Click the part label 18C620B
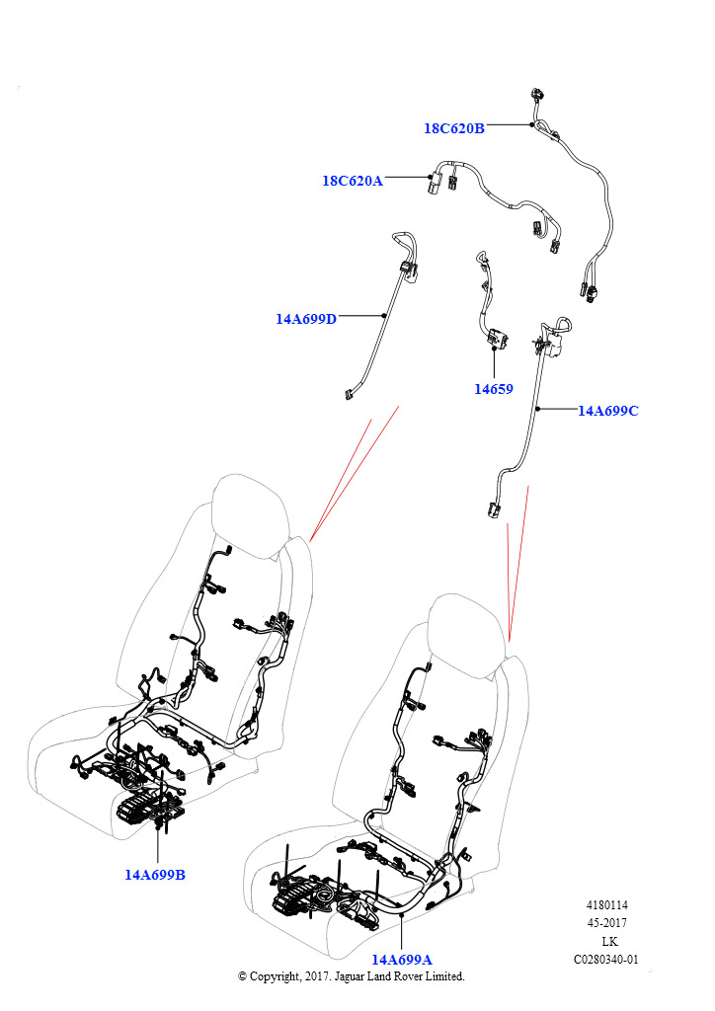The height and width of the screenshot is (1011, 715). pos(453,128)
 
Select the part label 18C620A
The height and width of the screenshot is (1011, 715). pos(352,181)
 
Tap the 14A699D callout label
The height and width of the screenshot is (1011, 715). pos(305,319)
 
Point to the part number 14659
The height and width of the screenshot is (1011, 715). pos(493,389)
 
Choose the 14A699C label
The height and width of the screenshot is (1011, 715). pos(607,411)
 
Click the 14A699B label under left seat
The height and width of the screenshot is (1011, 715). pos(155,875)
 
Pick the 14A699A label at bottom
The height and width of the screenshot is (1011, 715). pos(402,960)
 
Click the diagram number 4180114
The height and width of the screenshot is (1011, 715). pos(606,905)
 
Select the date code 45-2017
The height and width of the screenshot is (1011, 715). pos(606,923)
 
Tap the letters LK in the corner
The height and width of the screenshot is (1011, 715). pos(609,941)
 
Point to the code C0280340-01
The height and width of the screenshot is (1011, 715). pos(606,960)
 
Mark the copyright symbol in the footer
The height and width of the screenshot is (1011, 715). pos(242,976)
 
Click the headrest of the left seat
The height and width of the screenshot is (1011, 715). pos(250,515)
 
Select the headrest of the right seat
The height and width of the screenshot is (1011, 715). pos(467,635)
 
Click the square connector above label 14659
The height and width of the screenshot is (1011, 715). pos(498,338)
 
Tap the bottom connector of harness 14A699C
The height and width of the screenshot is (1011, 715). pos(495,508)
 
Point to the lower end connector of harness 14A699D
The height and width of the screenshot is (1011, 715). pos(350,393)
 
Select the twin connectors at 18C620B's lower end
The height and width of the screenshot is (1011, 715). pos(588,291)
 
